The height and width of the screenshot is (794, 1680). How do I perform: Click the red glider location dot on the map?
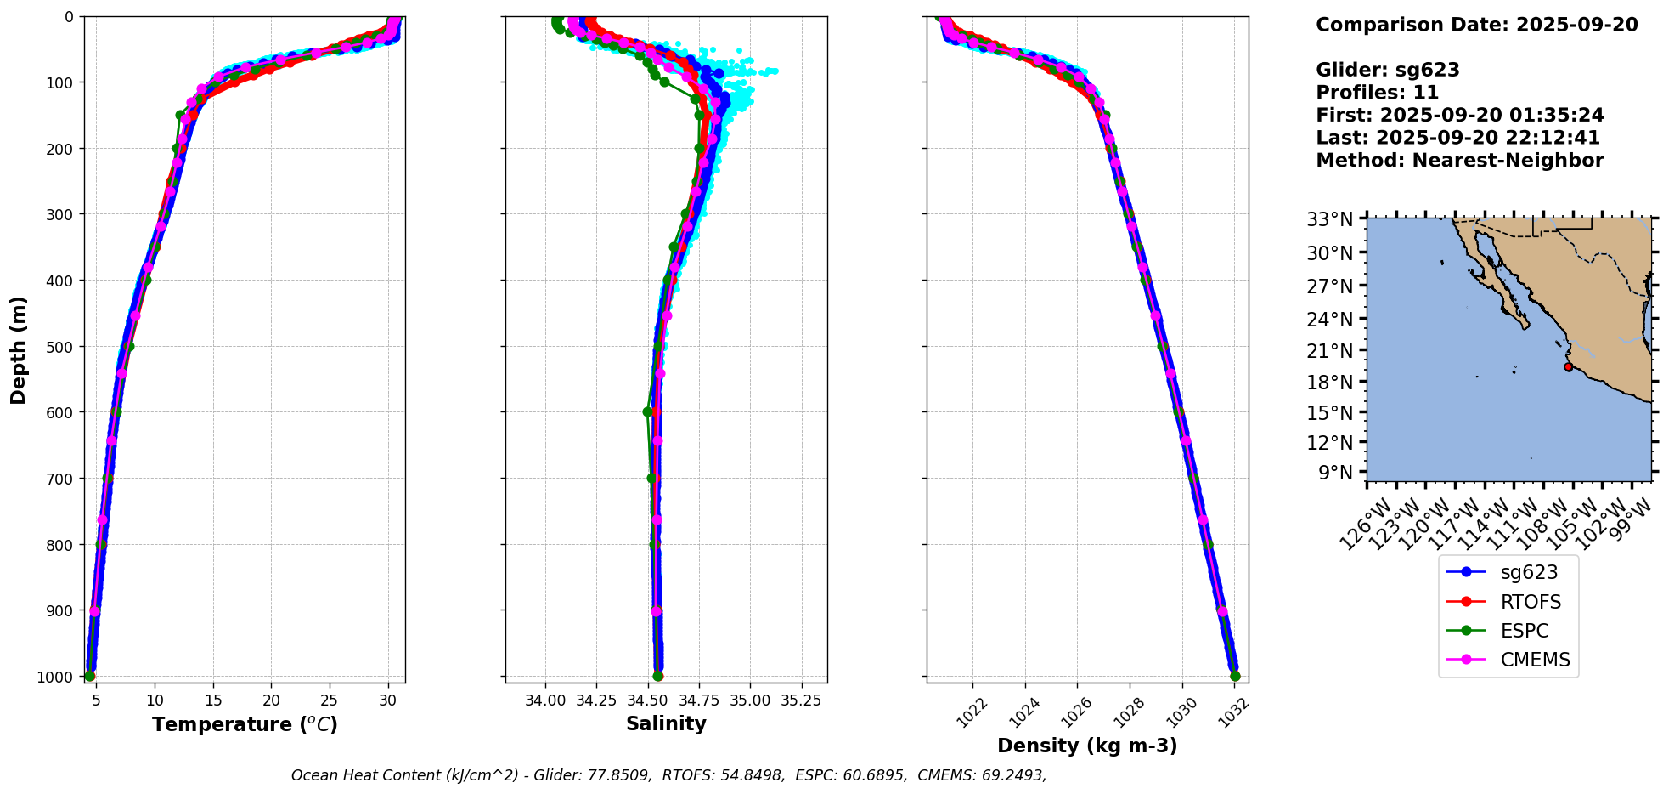point(1568,366)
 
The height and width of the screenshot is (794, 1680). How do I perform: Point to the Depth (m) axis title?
point(18,349)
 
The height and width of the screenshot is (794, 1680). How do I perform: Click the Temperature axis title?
point(245,724)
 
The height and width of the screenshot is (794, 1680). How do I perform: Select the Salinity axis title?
point(666,723)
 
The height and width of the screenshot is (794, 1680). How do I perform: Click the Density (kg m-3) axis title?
point(1087,746)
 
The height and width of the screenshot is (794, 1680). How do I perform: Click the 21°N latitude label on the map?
point(1329,350)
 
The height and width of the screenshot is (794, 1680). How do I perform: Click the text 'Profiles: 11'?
point(1377,93)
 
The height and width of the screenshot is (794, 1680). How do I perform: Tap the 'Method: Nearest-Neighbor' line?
point(1459,161)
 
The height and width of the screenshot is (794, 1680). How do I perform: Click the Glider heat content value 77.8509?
point(622,775)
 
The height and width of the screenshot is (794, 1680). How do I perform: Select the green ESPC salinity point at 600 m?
point(648,411)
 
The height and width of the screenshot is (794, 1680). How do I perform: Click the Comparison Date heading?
point(1476,25)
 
